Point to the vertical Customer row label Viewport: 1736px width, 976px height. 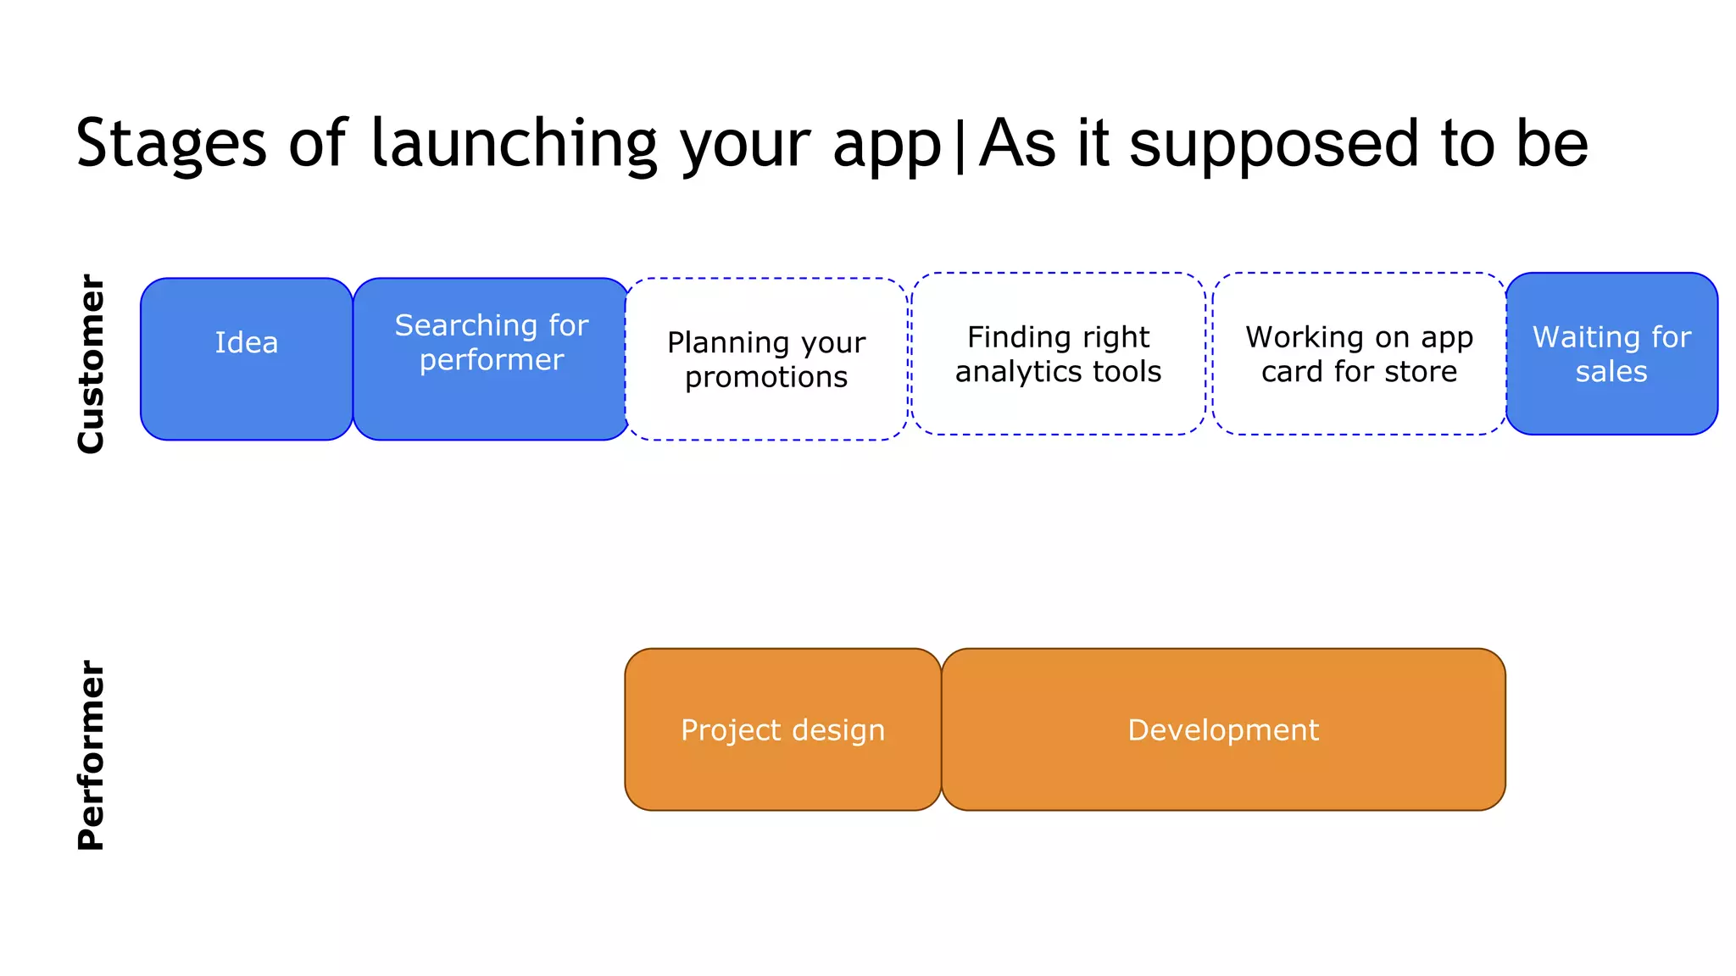point(91,363)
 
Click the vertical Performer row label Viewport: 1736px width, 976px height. point(91,755)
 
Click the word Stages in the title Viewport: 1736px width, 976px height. point(170,144)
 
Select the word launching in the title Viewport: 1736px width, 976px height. point(514,144)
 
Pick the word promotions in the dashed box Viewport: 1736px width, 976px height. point(765,378)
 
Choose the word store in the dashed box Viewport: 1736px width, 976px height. point(1420,372)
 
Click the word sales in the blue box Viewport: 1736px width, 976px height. point(1611,372)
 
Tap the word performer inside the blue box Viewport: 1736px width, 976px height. point(491,361)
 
